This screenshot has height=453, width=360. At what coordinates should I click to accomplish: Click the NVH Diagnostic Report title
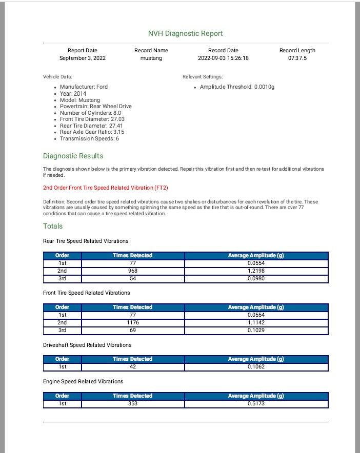pos(185,34)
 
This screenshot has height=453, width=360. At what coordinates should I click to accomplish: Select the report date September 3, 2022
pos(82,58)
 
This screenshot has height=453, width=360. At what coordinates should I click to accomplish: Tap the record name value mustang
pos(151,58)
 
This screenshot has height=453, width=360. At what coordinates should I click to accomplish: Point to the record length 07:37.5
pos(297,58)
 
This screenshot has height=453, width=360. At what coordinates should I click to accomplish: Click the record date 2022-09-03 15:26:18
pos(223,58)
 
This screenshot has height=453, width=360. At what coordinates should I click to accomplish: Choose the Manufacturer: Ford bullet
pos(84,87)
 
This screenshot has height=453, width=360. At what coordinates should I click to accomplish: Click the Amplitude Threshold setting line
pos(237,87)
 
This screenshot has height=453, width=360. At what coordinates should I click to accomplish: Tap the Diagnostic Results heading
pos(73,156)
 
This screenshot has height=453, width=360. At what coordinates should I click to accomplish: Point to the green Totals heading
pos(53,226)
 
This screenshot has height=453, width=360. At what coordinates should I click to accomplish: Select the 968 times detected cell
pos(132,271)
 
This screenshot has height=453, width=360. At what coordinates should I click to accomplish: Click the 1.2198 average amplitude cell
pos(255,271)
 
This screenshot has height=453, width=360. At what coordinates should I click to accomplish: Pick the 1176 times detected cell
pos(132,323)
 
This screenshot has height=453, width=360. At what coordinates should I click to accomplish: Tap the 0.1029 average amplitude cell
pos(255,330)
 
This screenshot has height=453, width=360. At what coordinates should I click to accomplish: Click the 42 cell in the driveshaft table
pos(132,367)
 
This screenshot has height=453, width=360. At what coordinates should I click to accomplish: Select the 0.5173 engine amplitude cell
pos(255,404)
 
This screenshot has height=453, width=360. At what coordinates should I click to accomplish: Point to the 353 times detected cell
pos(132,404)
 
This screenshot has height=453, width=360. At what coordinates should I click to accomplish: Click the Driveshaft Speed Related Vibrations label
pos(87,345)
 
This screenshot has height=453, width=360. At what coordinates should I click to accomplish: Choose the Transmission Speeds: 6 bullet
pos(89,138)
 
